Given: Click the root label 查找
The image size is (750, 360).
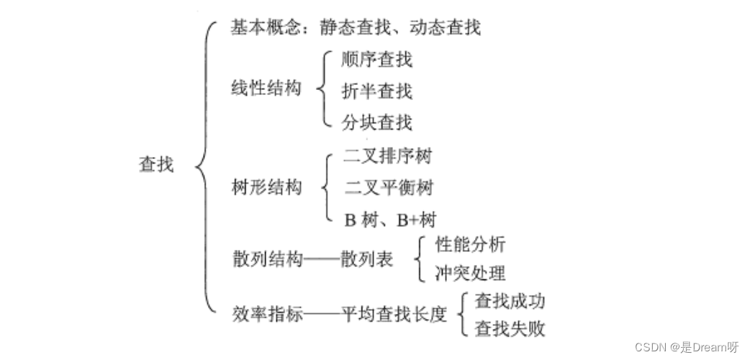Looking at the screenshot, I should point(155,164).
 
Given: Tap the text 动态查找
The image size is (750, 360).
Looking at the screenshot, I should point(445,28).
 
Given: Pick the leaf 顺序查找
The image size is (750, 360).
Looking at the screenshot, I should point(377,60).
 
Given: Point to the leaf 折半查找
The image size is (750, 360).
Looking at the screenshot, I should point(377,91).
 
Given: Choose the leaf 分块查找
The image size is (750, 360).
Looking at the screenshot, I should point(377,122).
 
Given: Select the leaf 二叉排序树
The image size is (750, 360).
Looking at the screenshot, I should point(388,156).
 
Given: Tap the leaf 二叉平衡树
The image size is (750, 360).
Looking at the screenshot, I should point(389,189).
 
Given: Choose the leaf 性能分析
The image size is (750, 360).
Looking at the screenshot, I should point(471,245).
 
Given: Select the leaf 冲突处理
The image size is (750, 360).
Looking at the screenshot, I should point(471,274).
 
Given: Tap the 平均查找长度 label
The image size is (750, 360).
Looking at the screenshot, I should point(394,315).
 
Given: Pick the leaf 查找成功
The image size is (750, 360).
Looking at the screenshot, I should point(510,301).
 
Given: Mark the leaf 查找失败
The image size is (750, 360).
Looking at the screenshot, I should point(510,330).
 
